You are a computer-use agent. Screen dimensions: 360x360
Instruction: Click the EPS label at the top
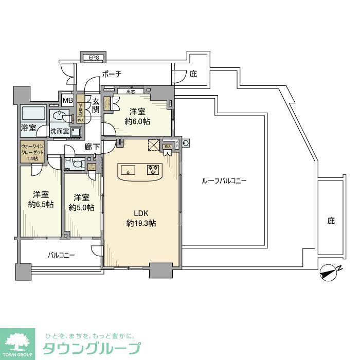93,57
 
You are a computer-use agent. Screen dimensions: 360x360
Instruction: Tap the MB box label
67,100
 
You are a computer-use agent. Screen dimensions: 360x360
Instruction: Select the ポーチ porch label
112,74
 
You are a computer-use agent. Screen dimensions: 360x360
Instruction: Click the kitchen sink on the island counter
129,169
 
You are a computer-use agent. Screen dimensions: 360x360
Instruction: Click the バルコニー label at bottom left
61,255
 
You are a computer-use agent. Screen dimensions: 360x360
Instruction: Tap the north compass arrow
327,273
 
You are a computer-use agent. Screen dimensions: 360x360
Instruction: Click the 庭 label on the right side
331,221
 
